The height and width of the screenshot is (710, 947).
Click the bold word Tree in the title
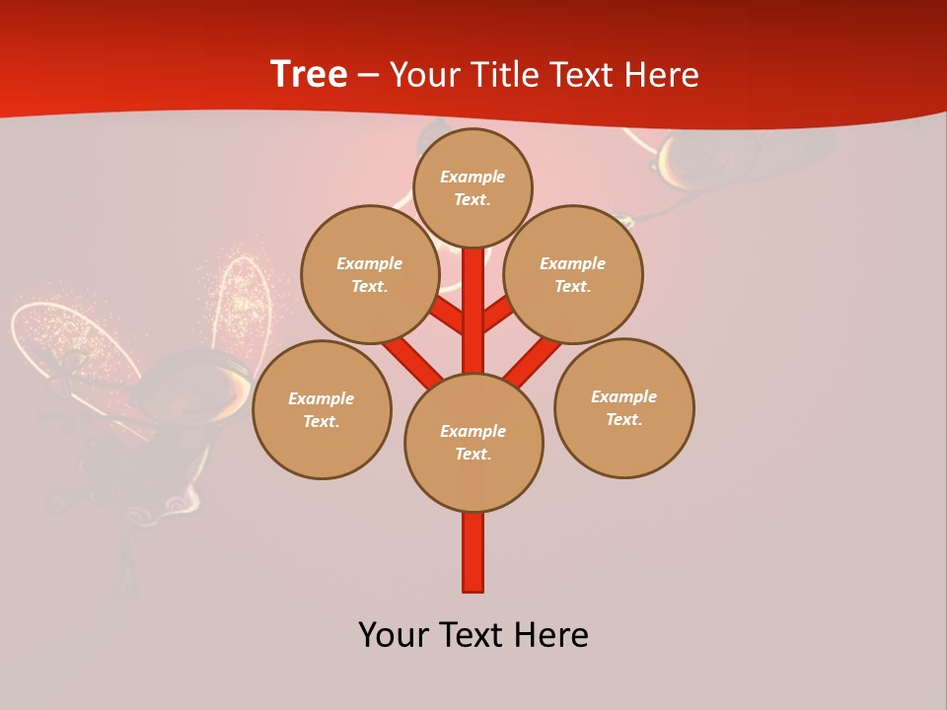pyautogui.click(x=309, y=75)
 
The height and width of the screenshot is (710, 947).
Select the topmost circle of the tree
pyautogui.click(x=473, y=187)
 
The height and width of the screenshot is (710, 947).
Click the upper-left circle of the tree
pyautogui.click(x=370, y=274)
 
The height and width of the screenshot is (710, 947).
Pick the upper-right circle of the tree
pyautogui.click(x=573, y=274)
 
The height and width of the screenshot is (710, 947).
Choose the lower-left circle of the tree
pyautogui.click(x=322, y=409)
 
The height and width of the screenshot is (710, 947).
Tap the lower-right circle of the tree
pyautogui.click(x=624, y=407)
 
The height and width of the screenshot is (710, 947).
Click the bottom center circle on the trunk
pyautogui.click(x=473, y=442)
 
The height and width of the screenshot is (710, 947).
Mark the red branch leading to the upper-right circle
pyautogui.click(x=498, y=315)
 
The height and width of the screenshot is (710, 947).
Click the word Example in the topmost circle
pyautogui.click(x=473, y=177)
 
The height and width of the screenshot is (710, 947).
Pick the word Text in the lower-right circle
pyautogui.click(x=624, y=419)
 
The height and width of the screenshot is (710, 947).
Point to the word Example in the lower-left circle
pyautogui.click(x=322, y=398)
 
